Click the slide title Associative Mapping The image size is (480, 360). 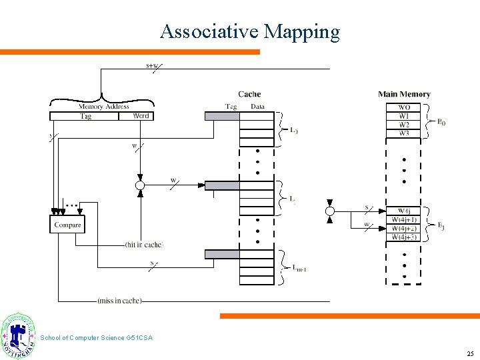tap(250, 31)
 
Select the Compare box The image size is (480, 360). tap(67, 225)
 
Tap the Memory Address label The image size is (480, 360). tap(103, 107)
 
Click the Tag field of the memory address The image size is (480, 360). tap(85, 116)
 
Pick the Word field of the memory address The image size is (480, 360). tap(141, 116)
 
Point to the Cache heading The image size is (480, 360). tap(249, 94)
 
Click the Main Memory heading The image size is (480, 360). tap(404, 94)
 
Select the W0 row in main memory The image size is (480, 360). tap(404, 107)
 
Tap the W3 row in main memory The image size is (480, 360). tap(404, 133)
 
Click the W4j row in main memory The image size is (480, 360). tap(404, 211)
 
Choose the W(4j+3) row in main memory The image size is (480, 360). tap(404, 237)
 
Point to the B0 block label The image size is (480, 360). tap(441, 121)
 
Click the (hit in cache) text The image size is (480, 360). tap(144, 245)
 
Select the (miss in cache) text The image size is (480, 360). tap(119, 301)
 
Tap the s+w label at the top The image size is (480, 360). tap(152, 65)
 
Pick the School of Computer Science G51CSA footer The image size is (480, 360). tap(96, 338)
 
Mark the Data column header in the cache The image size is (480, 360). tap(257, 107)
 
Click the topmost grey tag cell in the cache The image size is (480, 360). tap(221, 116)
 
